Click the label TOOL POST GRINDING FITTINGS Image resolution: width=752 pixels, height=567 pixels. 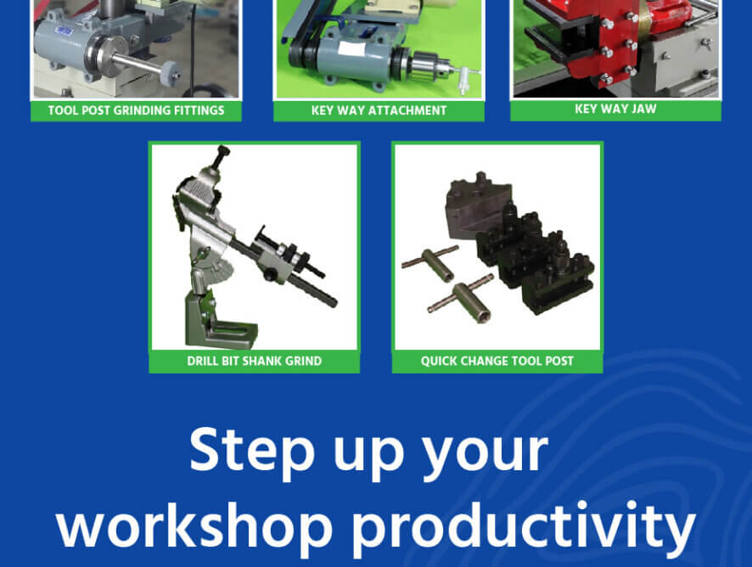click(x=136, y=110)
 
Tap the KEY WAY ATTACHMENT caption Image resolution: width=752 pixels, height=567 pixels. click(x=379, y=110)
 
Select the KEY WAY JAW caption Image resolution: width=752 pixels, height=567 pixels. click(x=615, y=109)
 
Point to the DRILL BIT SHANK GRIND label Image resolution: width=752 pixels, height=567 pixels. click(x=254, y=361)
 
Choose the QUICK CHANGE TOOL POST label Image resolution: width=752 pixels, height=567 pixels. click(x=497, y=361)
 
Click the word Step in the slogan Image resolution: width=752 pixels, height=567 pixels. click(x=251, y=451)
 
